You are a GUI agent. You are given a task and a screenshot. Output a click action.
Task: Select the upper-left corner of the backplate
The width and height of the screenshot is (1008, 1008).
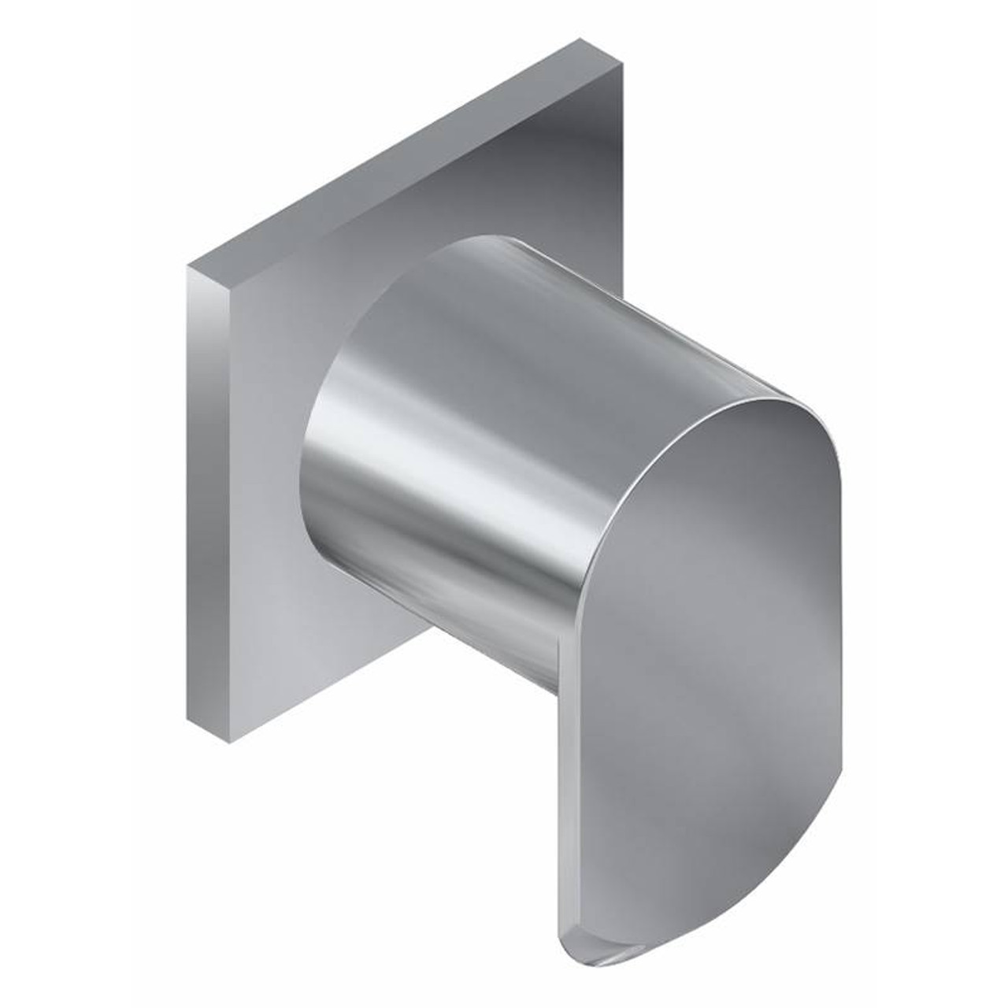tap(187, 268)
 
